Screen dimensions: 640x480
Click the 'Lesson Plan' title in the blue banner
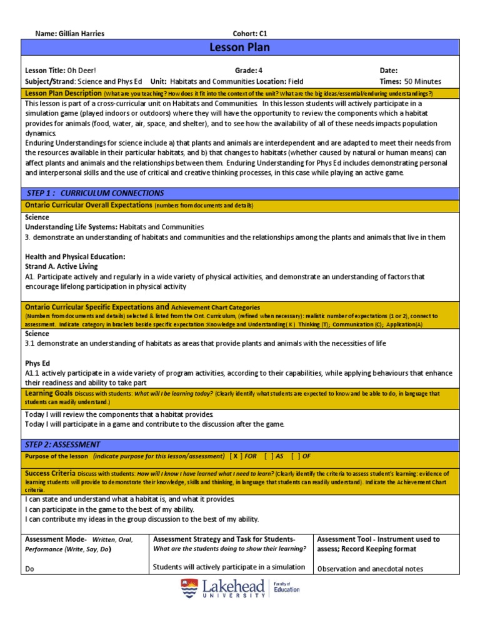(240, 48)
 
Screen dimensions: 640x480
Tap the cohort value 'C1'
(262, 34)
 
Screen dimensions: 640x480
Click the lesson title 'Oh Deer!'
(82, 71)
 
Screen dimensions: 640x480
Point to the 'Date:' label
(389, 71)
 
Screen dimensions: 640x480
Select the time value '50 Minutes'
(422, 81)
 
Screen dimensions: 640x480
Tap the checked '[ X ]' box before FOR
(237, 456)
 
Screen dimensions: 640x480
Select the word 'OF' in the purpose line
(306, 456)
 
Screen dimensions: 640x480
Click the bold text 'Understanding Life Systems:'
(71, 227)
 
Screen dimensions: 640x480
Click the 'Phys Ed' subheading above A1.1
(37, 363)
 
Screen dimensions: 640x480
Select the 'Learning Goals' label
(49, 393)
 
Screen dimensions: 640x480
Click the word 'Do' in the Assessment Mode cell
(29, 569)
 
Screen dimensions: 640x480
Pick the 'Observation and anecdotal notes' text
(370, 569)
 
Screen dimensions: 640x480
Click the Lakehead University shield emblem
(189, 589)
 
